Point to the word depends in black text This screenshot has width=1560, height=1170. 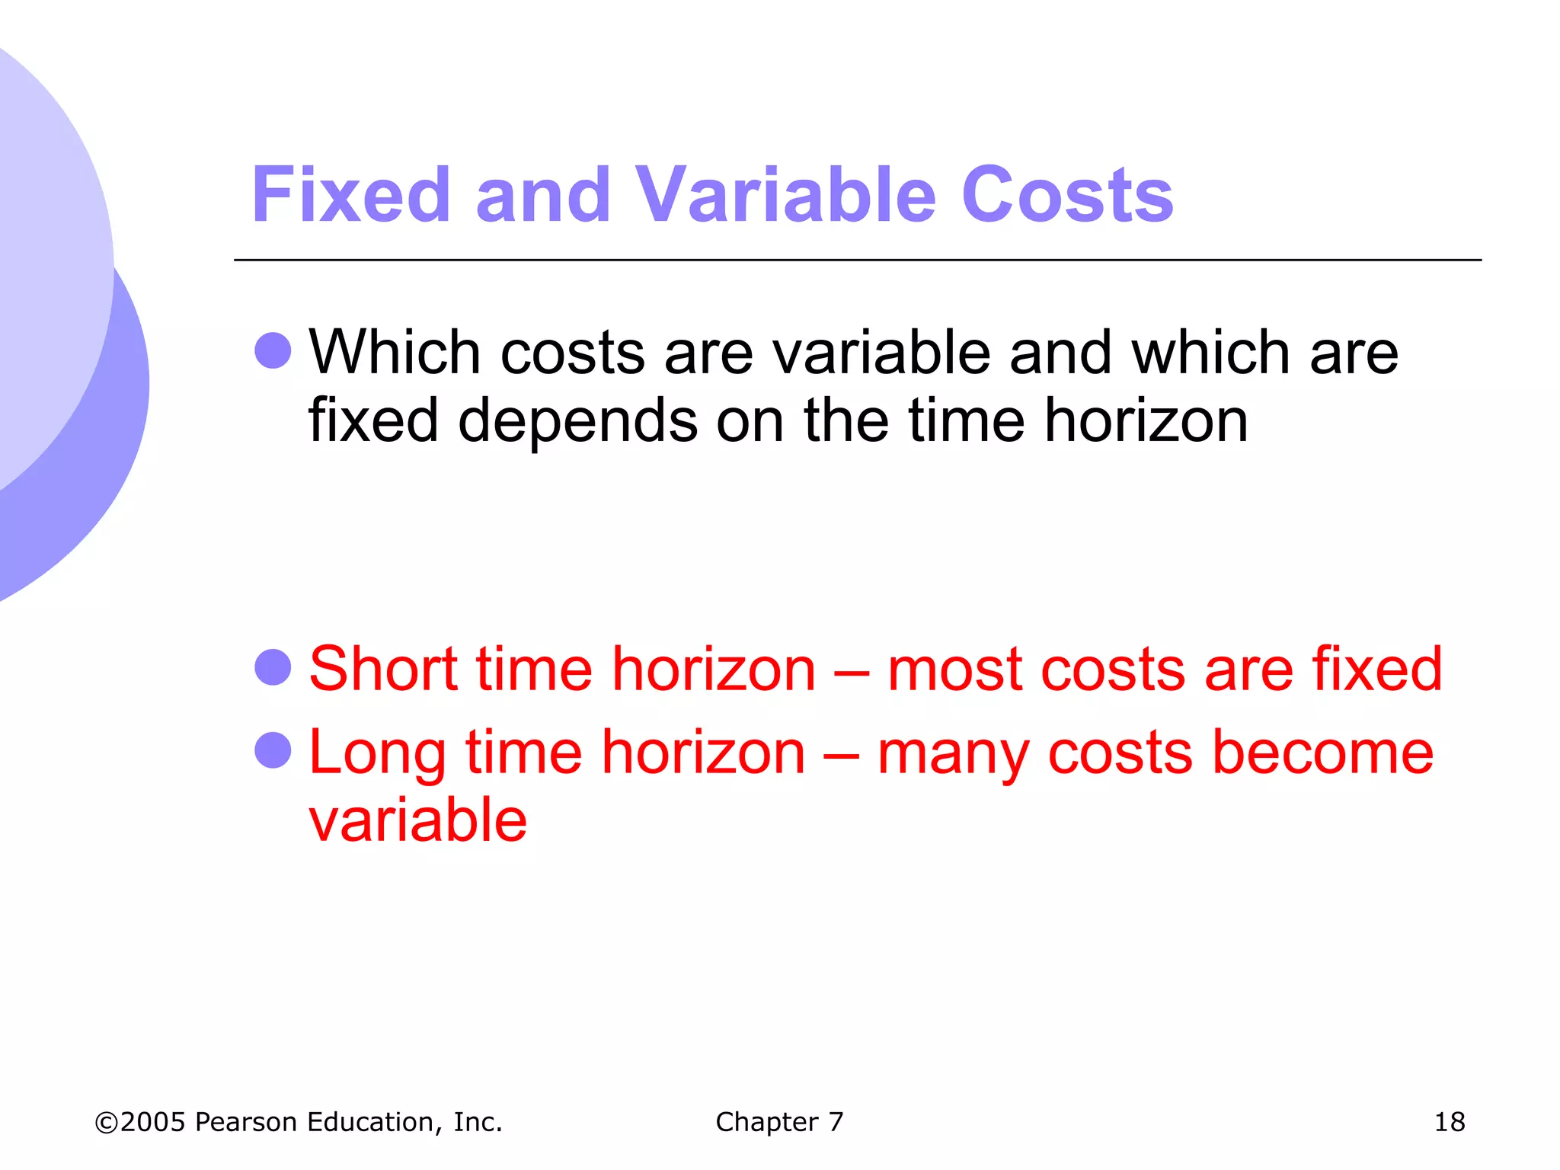click(x=577, y=420)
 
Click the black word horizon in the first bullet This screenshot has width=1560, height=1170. click(x=1146, y=420)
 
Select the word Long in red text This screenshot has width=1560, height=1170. click(x=377, y=753)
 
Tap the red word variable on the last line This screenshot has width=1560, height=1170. click(x=417, y=820)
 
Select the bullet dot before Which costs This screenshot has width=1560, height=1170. click(x=273, y=351)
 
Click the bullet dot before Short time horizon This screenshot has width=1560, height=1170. click(x=273, y=667)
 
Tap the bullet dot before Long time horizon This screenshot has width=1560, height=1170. click(x=273, y=750)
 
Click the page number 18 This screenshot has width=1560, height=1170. click(x=1449, y=1122)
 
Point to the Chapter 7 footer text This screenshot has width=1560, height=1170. click(x=779, y=1122)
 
